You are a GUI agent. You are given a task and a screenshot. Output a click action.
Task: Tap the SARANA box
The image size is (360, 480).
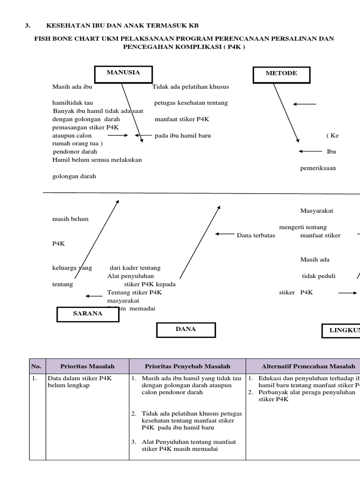point(88,314)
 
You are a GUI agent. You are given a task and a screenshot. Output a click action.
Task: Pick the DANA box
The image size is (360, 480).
point(186,330)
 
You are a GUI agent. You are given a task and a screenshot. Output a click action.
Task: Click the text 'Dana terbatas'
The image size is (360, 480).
point(256,235)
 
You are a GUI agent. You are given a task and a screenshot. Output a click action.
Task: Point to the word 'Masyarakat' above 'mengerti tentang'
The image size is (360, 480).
point(316,211)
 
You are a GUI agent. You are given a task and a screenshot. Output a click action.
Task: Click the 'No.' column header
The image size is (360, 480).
point(36,366)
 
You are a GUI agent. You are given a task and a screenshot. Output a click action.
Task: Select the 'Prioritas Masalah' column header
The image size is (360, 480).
point(87,366)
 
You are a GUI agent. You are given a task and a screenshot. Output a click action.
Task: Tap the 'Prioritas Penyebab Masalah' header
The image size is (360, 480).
point(187,366)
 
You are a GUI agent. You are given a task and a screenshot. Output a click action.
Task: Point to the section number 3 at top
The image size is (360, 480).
point(27,25)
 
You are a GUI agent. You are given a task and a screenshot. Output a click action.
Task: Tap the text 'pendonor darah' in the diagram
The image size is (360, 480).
point(75,152)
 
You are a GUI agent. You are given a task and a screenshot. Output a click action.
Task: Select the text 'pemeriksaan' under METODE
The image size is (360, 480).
point(318,168)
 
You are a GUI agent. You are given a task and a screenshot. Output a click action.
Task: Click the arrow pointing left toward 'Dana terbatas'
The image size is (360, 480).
point(225,233)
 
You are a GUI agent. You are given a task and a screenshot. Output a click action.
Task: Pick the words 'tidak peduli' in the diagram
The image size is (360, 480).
point(319,276)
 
